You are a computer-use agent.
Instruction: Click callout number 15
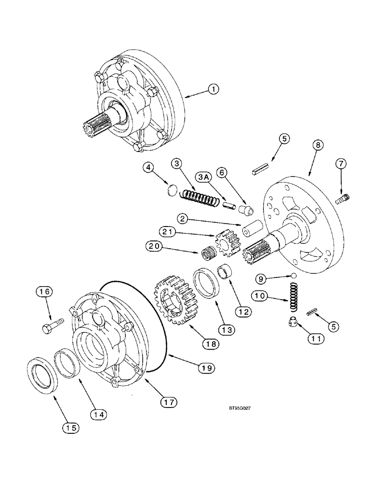click(x=68, y=427)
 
